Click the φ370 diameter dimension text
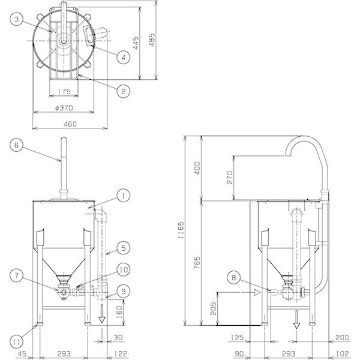point(64,107)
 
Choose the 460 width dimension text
point(70,124)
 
